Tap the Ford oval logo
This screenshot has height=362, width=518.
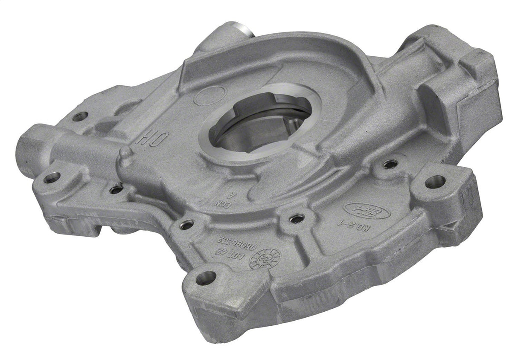pyautogui.click(x=358, y=209)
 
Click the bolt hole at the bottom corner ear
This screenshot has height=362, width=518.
pyautogui.click(x=206, y=278)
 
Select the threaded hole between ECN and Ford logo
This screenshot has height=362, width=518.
pyautogui.click(x=297, y=219)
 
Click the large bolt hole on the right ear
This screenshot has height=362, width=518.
pyautogui.click(x=435, y=182)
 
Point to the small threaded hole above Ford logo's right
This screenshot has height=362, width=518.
pyautogui.click(x=390, y=164)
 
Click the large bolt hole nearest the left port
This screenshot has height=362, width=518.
pyautogui.click(x=52, y=177)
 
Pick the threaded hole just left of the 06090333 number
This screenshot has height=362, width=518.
pyautogui.click(x=186, y=225)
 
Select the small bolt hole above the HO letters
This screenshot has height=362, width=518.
pyautogui.click(x=80, y=116)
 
